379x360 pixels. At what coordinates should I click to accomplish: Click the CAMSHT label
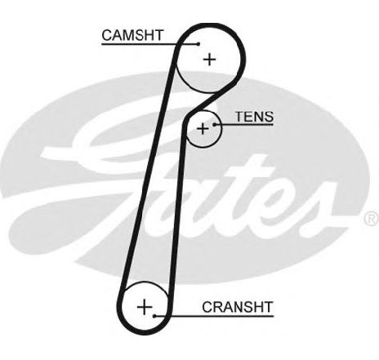pos(132,35)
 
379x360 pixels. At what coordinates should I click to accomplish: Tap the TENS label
pos(254,117)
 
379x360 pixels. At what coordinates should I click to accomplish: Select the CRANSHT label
pos(237,307)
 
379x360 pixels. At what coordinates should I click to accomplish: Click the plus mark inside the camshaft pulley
pos(210,60)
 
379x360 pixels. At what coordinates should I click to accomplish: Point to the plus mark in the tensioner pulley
pos(203,128)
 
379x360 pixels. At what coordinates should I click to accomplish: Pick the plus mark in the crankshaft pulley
pos(145,307)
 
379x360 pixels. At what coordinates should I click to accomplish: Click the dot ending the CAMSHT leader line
pos(198,44)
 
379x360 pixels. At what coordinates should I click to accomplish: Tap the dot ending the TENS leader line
pos(215,125)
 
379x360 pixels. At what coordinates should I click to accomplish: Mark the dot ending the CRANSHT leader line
pos(154,316)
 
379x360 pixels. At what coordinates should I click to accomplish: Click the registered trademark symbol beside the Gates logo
pos(372,218)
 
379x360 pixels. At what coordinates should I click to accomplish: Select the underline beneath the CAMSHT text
pos(150,43)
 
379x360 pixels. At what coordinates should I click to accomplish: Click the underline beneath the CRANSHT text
pos(214,316)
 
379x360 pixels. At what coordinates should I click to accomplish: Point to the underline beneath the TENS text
pos(244,125)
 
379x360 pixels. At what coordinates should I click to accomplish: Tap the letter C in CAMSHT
pos(107,35)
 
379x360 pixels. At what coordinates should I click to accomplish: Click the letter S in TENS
pos(269,117)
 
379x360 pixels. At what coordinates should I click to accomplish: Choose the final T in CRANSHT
pos(268,307)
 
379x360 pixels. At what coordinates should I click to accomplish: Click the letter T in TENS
pos(240,117)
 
